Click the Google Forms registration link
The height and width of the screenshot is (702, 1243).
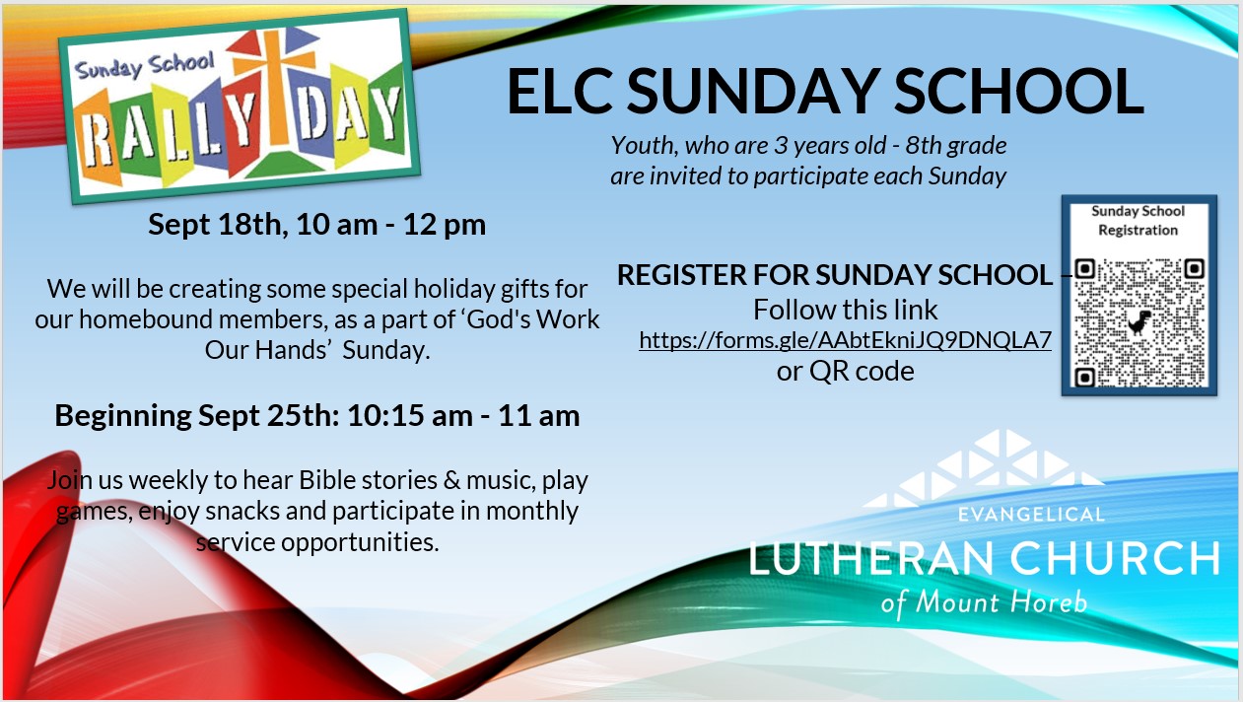[x=845, y=339]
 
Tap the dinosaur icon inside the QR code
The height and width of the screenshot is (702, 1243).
[x=1139, y=322]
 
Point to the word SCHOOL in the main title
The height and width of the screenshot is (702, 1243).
[x=1019, y=91]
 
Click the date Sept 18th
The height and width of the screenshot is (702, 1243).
[x=217, y=225]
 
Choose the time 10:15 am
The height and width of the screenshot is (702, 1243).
[x=410, y=415]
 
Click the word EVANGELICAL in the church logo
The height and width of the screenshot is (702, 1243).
[x=1032, y=515]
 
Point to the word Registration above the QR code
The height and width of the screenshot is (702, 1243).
[x=1139, y=231]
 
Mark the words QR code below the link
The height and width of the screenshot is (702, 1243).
[x=862, y=371]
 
